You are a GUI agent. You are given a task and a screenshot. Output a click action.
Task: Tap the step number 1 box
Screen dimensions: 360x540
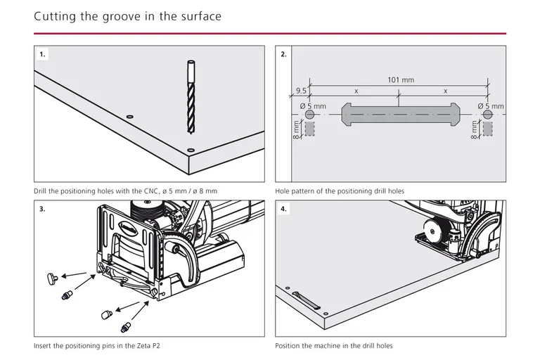point(43,54)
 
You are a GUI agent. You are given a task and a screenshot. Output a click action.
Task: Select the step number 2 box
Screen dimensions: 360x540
point(283,54)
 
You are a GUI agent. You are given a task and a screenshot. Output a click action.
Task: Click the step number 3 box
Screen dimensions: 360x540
point(43,210)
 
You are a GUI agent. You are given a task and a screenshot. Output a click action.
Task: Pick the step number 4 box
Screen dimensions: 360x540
point(283,210)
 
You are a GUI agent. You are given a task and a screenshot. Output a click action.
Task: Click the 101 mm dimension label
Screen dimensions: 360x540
point(400,80)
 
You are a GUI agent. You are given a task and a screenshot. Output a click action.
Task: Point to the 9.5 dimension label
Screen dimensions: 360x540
point(301,91)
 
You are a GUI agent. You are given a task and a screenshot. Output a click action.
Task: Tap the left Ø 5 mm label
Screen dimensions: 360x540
point(314,106)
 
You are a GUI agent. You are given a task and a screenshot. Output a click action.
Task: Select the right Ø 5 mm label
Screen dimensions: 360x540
point(491,106)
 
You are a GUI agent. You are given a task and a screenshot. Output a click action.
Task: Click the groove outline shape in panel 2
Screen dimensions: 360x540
point(399,115)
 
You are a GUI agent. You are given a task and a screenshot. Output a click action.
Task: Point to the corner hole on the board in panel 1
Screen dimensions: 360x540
point(191,150)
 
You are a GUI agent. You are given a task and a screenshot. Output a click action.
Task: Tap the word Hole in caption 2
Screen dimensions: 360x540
point(283,191)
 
